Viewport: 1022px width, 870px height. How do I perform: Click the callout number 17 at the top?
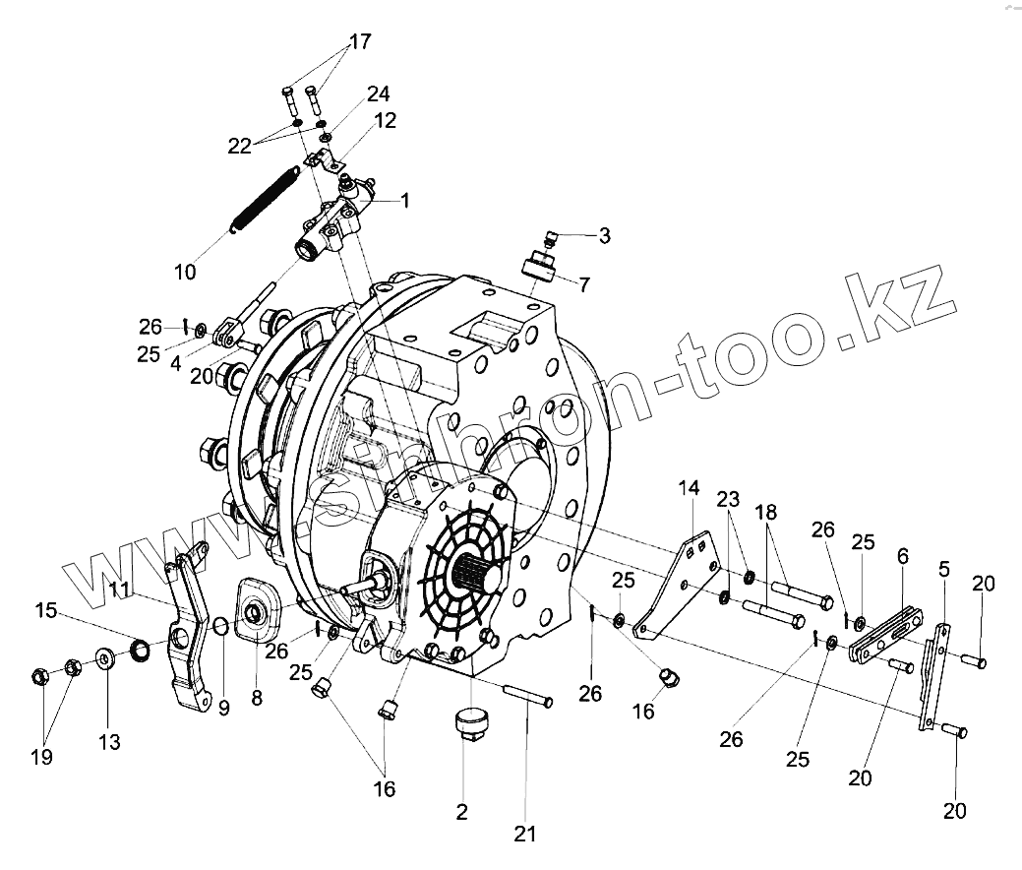coord(359,42)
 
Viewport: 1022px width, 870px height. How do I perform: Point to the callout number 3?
coord(604,236)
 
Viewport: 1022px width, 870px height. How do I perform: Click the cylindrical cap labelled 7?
coord(540,267)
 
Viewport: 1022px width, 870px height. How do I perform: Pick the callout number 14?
coord(689,488)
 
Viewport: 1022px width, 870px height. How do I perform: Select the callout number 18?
coord(766,513)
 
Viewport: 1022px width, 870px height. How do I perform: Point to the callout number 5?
coord(944,570)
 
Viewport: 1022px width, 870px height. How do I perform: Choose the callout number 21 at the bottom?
coord(526,835)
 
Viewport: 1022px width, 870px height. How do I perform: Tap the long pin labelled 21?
coord(525,697)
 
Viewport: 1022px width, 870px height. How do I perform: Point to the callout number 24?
coord(378,94)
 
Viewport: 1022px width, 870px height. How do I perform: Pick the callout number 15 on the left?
coord(46,610)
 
